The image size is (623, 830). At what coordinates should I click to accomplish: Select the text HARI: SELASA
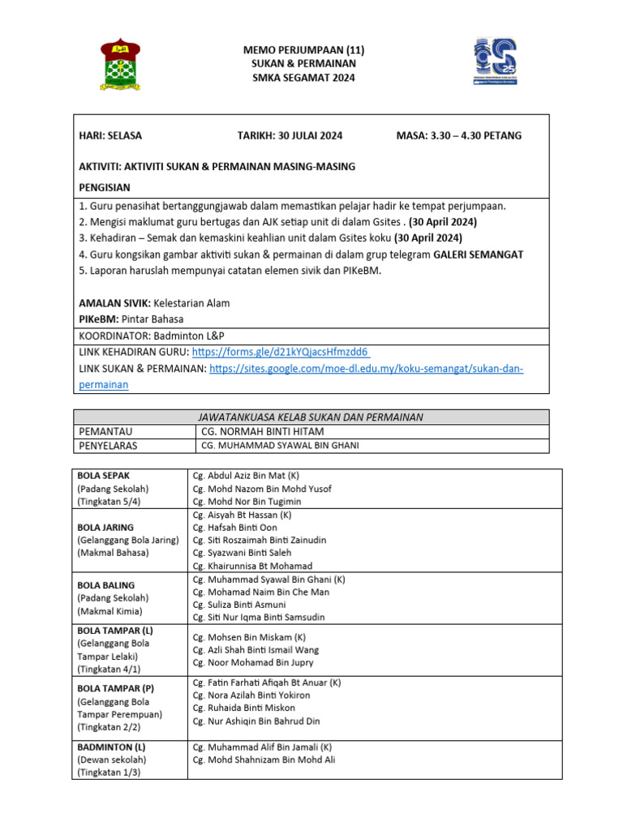click(x=110, y=135)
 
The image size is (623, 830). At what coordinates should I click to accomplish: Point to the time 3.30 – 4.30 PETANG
click(x=458, y=135)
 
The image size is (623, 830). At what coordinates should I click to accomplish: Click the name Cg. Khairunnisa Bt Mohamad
click(x=252, y=566)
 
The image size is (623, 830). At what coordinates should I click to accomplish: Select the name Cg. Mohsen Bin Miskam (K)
click(x=249, y=637)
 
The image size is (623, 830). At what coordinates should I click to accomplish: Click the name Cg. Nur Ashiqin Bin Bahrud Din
click(x=256, y=721)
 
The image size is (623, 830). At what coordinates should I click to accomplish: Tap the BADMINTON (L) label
click(x=111, y=747)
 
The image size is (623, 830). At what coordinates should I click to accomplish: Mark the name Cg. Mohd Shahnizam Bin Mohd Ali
click(x=264, y=759)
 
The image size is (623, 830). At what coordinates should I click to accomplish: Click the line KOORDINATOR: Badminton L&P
click(x=151, y=336)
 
